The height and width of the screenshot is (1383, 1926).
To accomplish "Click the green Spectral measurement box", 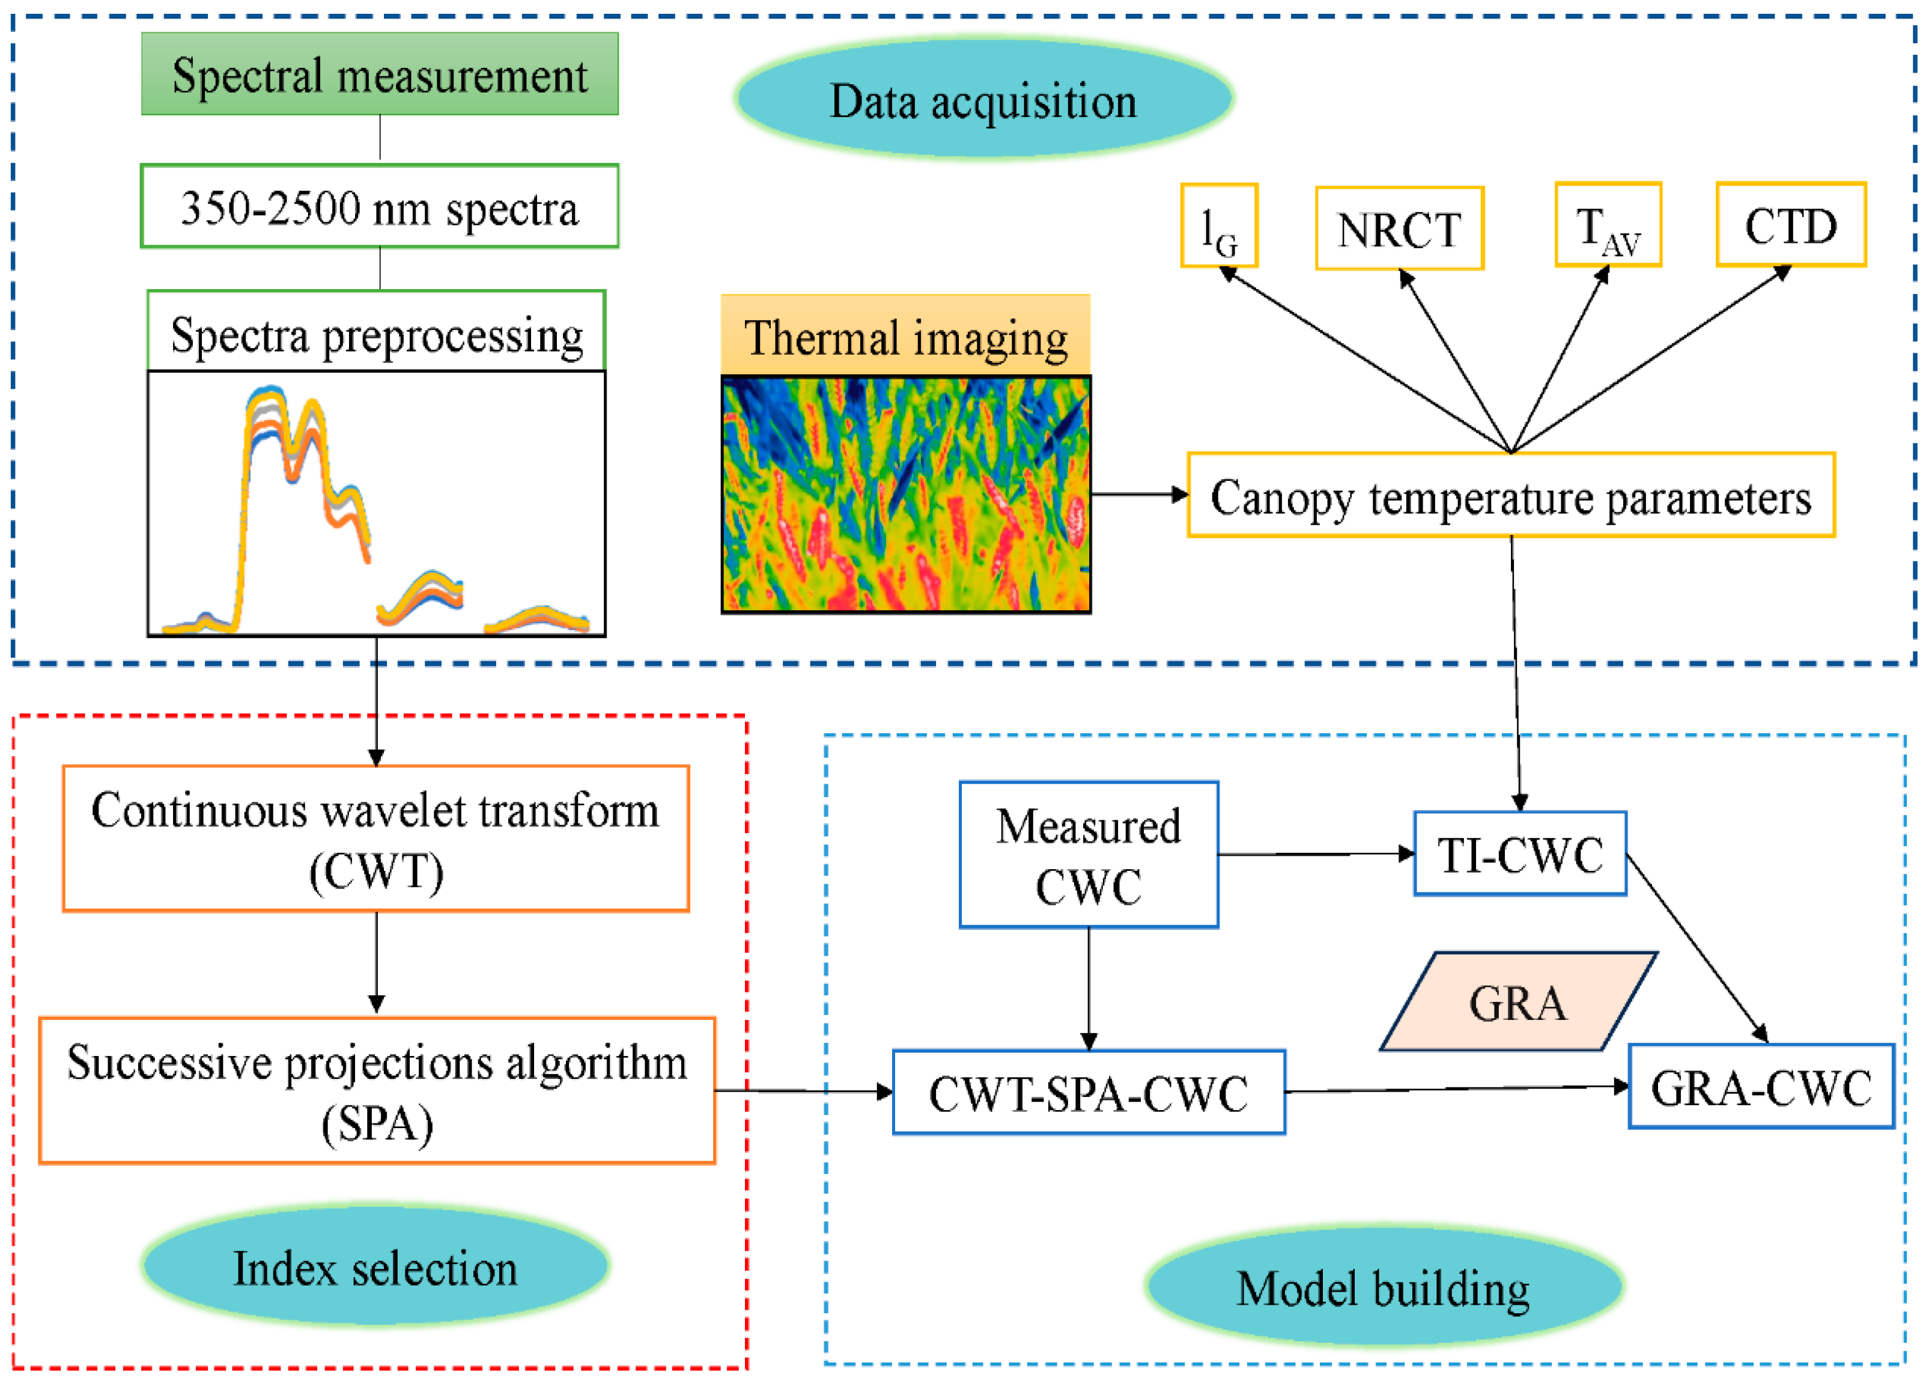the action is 380,74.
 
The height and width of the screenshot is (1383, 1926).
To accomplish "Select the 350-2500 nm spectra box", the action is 380,206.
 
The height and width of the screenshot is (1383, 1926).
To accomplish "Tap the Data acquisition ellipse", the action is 983,99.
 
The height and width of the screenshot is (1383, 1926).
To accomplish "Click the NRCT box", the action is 1400,228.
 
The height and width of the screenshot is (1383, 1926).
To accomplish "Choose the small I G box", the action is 1220,226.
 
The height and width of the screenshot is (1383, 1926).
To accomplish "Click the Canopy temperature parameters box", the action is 1511,495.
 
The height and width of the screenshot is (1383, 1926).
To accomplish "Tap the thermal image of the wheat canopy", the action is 906,493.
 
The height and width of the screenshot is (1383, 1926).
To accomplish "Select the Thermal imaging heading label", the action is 906,335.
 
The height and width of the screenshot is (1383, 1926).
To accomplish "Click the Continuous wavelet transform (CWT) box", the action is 376,838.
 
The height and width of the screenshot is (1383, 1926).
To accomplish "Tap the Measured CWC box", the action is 1089,855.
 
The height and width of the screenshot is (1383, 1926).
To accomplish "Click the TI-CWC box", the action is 1520,853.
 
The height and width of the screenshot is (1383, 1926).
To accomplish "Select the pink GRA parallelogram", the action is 1518,1001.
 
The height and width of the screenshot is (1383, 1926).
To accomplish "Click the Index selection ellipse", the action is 375,1266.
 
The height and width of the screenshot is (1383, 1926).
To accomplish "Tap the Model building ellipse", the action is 1384,1287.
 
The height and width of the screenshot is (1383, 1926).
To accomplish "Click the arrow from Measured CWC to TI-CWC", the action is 1317,853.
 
